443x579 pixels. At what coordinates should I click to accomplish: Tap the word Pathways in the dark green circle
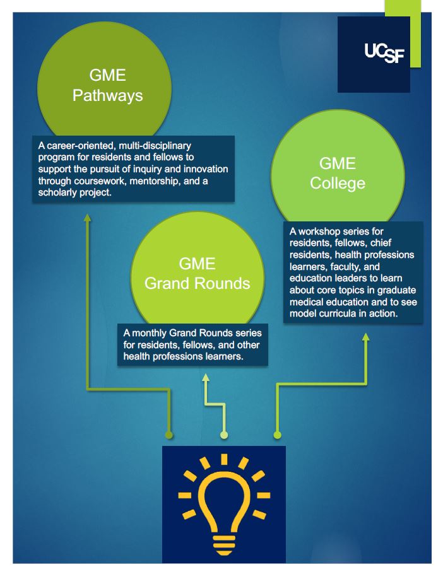[107, 96]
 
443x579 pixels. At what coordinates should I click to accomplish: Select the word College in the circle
[338, 183]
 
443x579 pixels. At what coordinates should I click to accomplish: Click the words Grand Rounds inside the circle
[197, 283]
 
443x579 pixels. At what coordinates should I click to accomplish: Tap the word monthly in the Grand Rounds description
[151, 333]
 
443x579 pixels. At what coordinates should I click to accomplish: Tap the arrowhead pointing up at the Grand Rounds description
[205, 377]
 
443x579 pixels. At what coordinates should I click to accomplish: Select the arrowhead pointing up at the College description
[365, 337]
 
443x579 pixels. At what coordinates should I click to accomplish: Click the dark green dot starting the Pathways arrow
[168, 435]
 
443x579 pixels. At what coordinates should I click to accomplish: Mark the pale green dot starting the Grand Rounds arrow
[223, 435]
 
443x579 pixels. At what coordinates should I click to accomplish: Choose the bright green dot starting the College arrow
[276, 435]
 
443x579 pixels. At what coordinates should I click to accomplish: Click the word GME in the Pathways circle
[107, 76]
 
